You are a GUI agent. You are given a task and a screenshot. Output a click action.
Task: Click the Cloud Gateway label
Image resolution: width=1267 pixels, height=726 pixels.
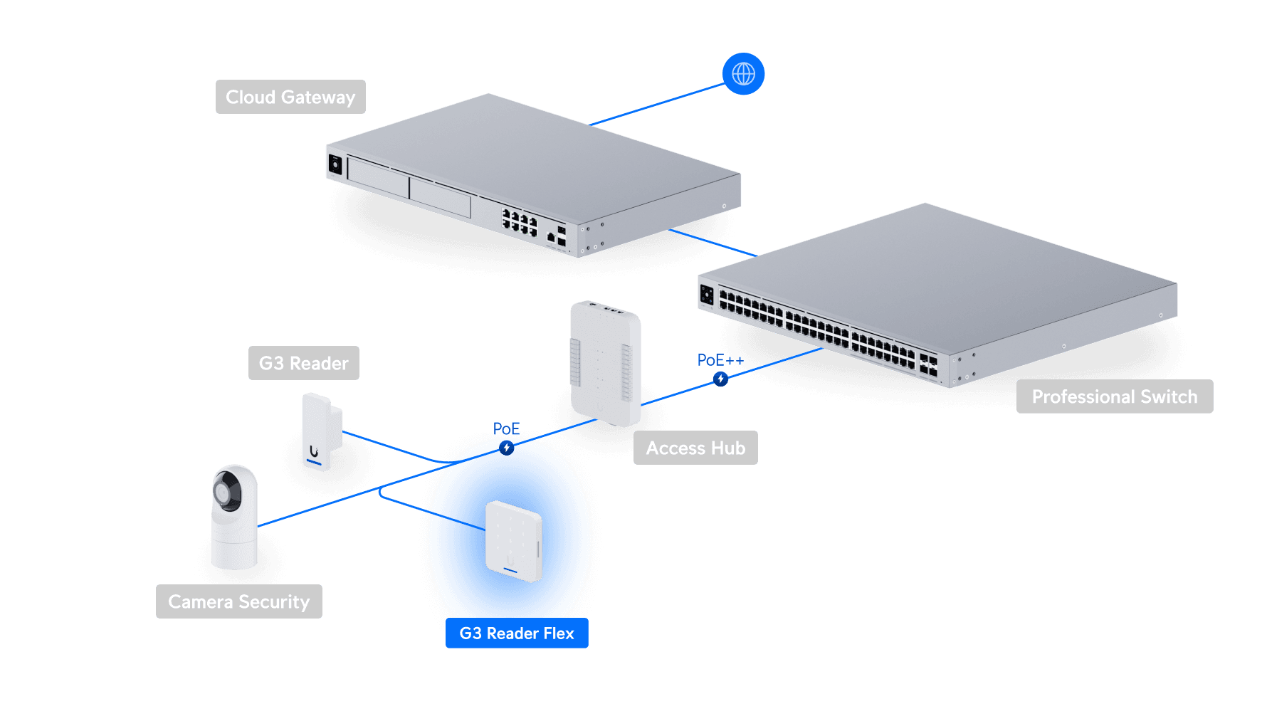click(x=290, y=97)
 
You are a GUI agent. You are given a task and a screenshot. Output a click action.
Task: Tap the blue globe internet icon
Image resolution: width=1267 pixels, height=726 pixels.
click(x=743, y=73)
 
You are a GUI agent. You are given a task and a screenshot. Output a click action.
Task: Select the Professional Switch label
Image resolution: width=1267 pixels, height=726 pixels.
click(x=1114, y=396)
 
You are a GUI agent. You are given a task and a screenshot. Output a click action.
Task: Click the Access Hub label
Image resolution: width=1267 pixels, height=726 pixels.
click(x=695, y=448)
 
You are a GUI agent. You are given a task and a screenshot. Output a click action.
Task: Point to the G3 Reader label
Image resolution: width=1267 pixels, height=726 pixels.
click(x=303, y=363)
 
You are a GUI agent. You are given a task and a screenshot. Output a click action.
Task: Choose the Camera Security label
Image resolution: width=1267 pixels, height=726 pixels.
click(x=238, y=601)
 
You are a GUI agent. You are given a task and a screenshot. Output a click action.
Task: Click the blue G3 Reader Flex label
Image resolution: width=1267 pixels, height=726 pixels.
click(x=516, y=633)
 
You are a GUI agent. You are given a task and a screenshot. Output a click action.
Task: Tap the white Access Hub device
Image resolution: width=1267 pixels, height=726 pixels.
click(x=605, y=363)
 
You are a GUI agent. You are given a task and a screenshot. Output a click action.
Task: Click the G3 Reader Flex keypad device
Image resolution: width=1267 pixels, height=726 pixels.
click(x=513, y=541)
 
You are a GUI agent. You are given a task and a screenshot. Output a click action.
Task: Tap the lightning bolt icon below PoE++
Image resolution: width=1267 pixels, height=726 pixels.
click(x=720, y=379)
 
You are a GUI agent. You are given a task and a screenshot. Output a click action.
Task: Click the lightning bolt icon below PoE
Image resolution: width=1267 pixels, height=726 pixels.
click(x=506, y=448)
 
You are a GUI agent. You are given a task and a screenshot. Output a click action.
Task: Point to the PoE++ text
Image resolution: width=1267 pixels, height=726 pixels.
click(x=720, y=360)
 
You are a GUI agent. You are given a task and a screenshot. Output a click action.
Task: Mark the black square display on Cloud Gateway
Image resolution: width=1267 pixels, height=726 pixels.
click(x=335, y=165)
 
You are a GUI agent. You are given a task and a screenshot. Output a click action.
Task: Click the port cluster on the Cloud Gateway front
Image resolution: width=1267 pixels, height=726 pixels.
click(x=520, y=222)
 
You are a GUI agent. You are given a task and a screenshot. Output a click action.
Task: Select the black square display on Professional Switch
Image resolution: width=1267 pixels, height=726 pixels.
click(x=707, y=293)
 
